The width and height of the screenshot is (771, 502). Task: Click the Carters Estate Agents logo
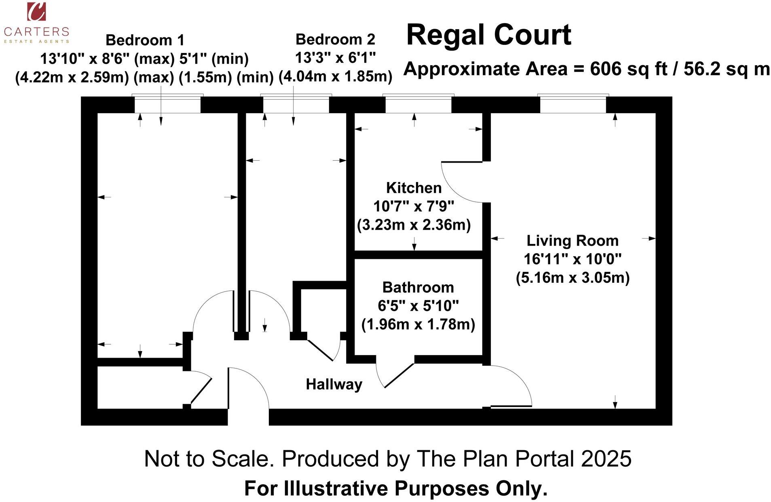(x=36, y=23)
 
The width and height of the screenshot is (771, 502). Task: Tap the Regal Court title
(x=488, y=35)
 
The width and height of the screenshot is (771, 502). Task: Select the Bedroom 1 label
(x=145, y=40)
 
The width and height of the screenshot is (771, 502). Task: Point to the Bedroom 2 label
(x=335, y=39)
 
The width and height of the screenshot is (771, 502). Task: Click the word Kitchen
(x=414, y=188)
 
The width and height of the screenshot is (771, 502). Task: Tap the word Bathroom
(x=418, y=287)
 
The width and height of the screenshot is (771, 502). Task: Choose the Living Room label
(x=572, y=241)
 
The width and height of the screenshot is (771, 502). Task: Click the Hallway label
(x=334, y=384)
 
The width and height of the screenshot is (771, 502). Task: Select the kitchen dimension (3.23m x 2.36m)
(x=414, y=225)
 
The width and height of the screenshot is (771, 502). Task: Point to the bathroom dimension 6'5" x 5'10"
(x=418, y=306)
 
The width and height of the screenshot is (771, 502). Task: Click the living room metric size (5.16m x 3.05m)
(x=572, y=278)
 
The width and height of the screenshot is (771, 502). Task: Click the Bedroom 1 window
(x=167, y=104)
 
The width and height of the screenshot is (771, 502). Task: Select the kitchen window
(x=418, y=104)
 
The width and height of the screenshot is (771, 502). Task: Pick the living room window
(x=573, y=104)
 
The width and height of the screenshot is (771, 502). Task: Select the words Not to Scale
(x=207, y=459)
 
